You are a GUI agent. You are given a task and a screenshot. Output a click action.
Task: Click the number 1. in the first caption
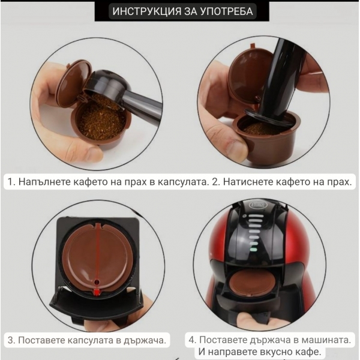click(11, 181)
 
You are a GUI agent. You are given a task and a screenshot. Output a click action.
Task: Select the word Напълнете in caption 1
click(42, 181)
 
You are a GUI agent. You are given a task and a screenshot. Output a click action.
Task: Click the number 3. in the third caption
click(11, 340)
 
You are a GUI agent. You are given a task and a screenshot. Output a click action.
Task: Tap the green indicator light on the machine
click(253, 248)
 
